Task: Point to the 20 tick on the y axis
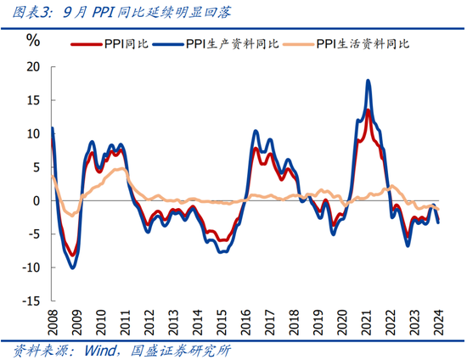pyautogui.click(x=33, y=66)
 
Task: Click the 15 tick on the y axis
pyautogui.click(x=33, y=100)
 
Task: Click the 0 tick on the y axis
pyautogui.click(x=37, y=200)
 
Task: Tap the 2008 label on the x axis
pyautogui.click(x=52, y=322)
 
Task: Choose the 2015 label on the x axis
pyautogui.click(x=221, y=322)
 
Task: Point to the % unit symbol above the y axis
pyautogui.click(x=33, y=40)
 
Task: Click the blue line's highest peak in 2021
pyautogui.click(x=368, y=81)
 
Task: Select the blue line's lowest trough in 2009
pyautogui.click(x=72, y=267)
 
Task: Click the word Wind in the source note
pyautogui.click(x=100, y=349)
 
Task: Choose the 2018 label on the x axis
pyautogui.click(x=293, y=322)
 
